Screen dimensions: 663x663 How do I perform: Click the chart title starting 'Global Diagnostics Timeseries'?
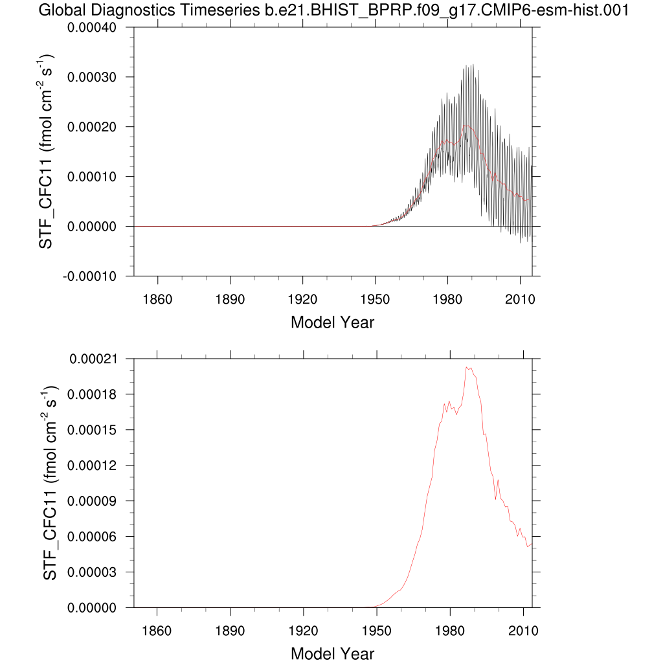tap(333, 10)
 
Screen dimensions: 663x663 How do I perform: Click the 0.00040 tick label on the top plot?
tap(97, 28)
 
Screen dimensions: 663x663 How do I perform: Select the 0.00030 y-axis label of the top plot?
tap(97, 78)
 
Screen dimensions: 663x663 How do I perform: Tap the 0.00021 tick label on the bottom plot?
tap(97, 359)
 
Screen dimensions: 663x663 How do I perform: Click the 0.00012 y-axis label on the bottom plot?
tap(97, 466)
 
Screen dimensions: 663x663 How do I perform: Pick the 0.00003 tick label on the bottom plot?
tap(97, 572)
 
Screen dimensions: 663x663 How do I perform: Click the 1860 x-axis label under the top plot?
tap(157, 300)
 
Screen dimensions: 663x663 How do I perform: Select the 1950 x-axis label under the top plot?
tap(375, 300)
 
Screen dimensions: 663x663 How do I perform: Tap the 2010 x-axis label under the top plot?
tap(520, 300)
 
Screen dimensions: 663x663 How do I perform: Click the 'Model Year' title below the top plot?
tap(332, 322)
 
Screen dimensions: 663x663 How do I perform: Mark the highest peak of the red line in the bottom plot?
tap(467, 367)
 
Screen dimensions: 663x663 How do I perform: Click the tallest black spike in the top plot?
tap(473, 65)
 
